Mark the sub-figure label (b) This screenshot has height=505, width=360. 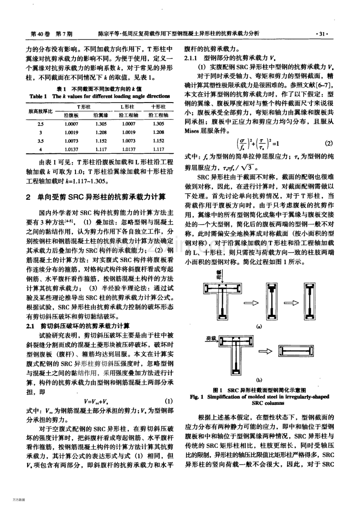(x=259, y=379)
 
